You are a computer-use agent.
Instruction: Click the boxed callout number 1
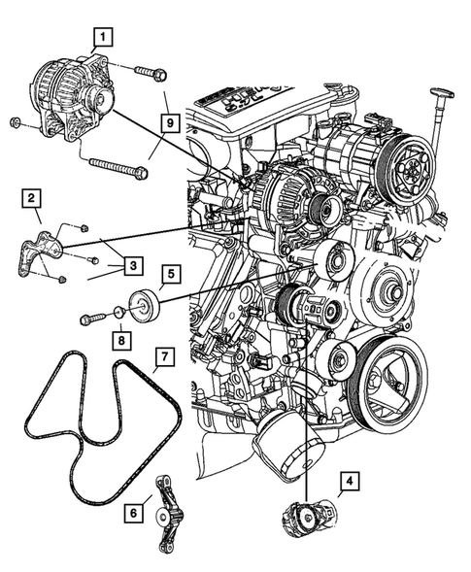(x=101, y=39)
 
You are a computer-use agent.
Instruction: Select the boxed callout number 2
(x=32, y=200)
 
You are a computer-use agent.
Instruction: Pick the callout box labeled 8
(x=120, y=340)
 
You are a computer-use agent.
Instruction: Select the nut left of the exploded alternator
(x=17, y=122)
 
